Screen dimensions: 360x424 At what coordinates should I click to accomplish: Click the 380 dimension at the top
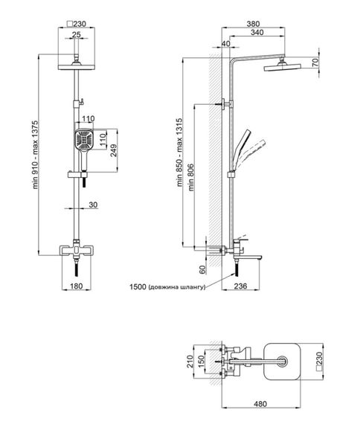tap(253, 24)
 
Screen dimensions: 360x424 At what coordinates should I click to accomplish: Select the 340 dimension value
tap(257, 33)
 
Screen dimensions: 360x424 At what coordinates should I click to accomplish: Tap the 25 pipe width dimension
tap(77, 35)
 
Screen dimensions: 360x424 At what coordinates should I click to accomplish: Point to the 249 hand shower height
tap(114, 151)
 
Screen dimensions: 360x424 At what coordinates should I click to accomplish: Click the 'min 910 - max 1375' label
tap(36, 155)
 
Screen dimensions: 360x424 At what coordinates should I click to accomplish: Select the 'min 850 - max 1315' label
tap(180, 152)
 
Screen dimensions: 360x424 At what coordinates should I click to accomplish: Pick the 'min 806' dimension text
tap(191, 177)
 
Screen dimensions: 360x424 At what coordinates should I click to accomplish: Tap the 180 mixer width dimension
tap(77, 286)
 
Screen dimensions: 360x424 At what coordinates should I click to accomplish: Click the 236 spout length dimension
tap(240, 286)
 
